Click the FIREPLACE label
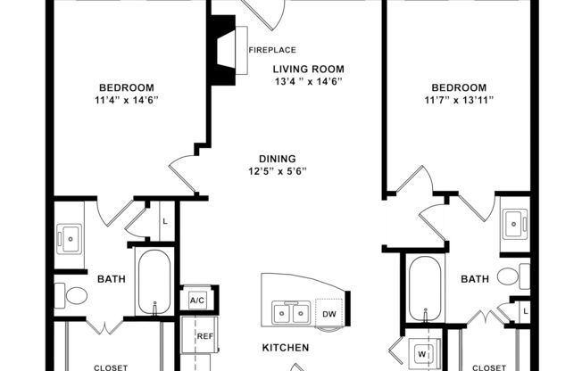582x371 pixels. pos(272,50)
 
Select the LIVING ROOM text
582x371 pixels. pos(308,69)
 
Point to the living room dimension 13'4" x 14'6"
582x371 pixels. pos(308,81)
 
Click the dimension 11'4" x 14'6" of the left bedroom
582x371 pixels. pos(127,100)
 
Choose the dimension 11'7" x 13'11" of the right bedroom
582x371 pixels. pos(459,100)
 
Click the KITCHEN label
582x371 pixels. pos(285,347)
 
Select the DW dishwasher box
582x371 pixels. pos(328,313)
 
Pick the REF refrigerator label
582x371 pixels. pos(205,336)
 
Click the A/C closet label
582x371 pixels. pos(196,301)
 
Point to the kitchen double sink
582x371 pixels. pos(291,313)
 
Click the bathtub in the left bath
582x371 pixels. pos(155,282)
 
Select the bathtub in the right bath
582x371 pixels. pos(425,288)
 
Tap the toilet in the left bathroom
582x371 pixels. pos(73,293)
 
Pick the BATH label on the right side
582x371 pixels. pos(474,279)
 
